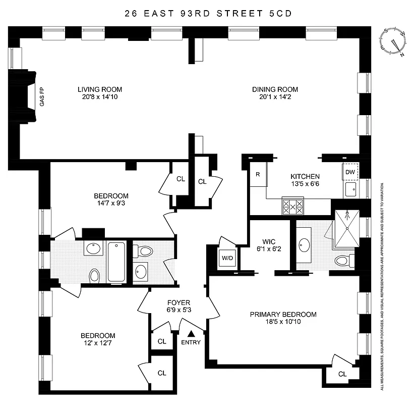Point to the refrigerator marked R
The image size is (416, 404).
coord(257,175)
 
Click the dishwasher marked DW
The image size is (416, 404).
coord(350,172)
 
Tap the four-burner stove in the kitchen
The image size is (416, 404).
coord(293,206)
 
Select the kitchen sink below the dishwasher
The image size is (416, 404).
coord(350,190)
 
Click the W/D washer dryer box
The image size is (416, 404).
coord(224,259)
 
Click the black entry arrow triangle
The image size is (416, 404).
coord(191,333)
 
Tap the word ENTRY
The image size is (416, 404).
coord(191,342)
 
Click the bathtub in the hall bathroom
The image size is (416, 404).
coord(116,262)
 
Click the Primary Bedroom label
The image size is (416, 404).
coord(283,314)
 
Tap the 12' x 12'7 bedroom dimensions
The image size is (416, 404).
coord(98,345)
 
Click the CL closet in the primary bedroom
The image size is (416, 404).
coord(342,374)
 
